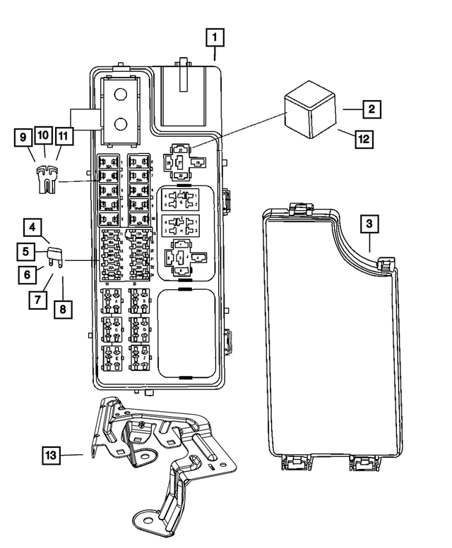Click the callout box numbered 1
tap(215, 36)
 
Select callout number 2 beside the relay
tap(370, 109)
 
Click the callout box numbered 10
tap(42, 134)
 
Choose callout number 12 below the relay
tap(363, 138)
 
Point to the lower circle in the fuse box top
tap(120, 126)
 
